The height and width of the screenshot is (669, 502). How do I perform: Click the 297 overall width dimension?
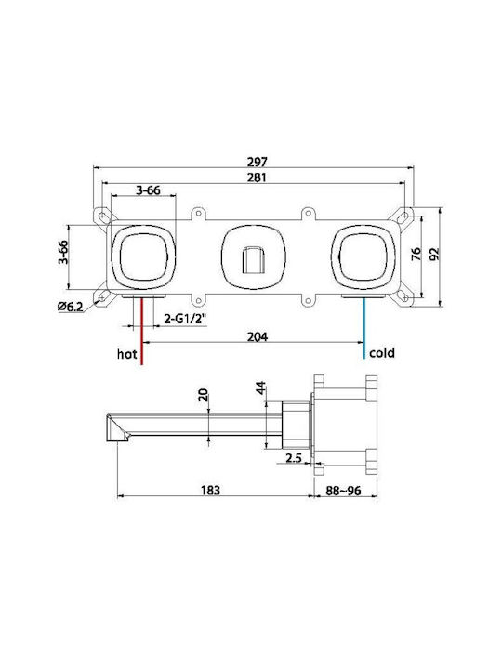click(257, 162)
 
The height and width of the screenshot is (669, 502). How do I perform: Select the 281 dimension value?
click(257, 177)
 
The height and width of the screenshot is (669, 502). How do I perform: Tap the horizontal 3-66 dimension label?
click(148, 190)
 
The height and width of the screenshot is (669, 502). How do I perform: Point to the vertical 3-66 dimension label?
click(63, 252)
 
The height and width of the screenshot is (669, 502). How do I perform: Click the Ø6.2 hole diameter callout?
click(71, 307)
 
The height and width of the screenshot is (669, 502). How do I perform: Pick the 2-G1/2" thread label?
click(185, 319)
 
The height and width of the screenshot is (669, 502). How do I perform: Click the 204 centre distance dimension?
click(258, 336)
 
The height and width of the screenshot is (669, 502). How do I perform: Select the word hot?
click(126, 354)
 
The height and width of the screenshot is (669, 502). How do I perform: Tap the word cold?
click(382, 353)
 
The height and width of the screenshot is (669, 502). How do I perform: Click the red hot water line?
click(141, 332)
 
